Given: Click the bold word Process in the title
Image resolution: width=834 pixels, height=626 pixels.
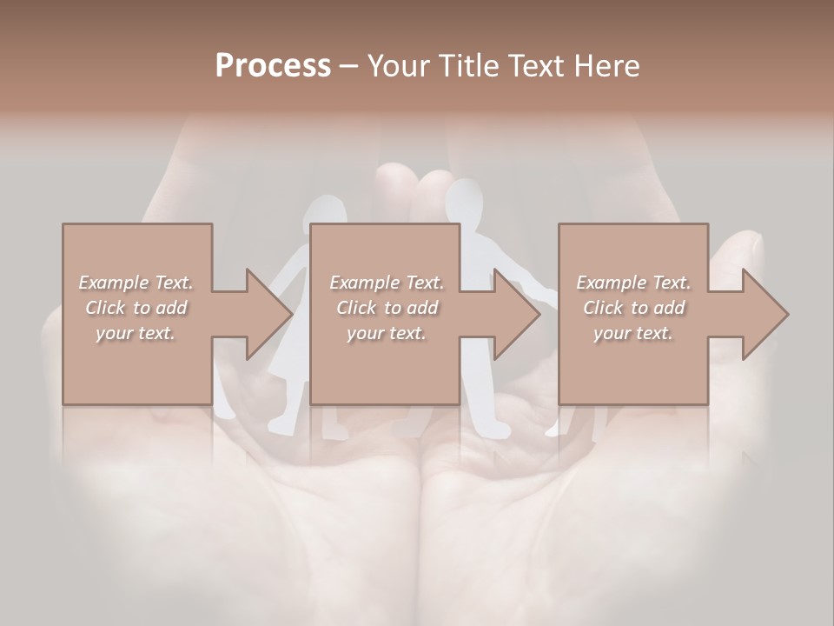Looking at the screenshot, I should tap(273, 65).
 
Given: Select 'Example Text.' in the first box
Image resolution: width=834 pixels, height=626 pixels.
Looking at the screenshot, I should tap(136, 283).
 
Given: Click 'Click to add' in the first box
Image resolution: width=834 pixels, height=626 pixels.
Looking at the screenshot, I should tap(136, 308).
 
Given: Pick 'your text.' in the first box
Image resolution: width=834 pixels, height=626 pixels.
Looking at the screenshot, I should tap(136, 333).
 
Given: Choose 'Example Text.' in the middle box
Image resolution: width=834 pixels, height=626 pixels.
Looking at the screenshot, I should tap(387, 283).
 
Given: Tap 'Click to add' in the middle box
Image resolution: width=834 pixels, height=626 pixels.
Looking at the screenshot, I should tap(387, 308).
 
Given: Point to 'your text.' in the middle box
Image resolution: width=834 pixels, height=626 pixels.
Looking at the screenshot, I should tap(387, 333).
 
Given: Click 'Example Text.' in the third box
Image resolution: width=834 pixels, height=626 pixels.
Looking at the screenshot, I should tap(633, 283).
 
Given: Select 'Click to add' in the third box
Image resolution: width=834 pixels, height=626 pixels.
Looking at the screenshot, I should tap(633, 308).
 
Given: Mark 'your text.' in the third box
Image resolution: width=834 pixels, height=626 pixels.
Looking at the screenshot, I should tap(633, 333).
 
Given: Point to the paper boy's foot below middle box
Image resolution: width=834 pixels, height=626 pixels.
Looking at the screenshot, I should tap(497, 428).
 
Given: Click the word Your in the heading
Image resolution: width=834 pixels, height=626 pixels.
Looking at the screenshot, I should tap(398, 66).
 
